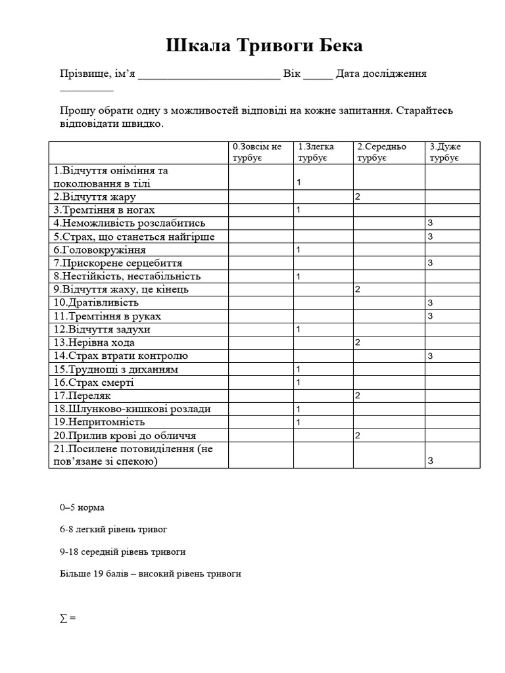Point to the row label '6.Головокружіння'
[100, 250]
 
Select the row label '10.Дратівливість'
[97, 303]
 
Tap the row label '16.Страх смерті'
[94, 383]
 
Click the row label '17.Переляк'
[83, 396]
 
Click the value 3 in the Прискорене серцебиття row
[430, 264]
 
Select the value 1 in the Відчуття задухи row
[299, 329]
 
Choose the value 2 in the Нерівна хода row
[357, 342]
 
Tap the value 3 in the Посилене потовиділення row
[430, 461]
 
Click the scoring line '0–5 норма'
[82, 508]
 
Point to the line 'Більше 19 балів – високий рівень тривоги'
[150, 574]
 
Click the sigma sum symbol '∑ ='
[68, 618]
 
